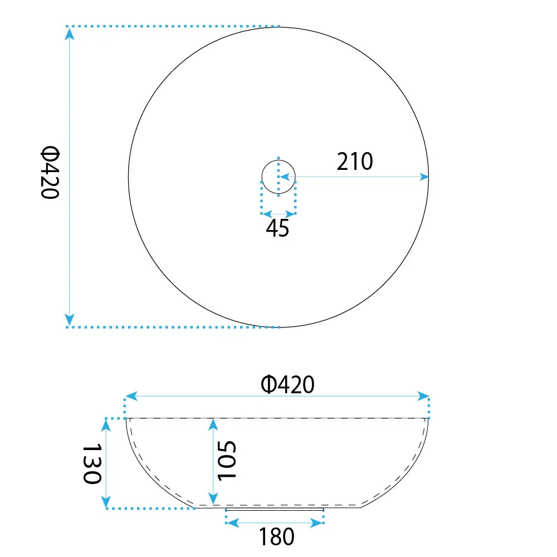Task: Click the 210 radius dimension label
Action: point(355,162)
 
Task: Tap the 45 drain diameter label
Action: point(277,228)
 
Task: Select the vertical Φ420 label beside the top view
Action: point(50,172)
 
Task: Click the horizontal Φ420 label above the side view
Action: point(288,384)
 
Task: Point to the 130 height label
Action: point(92,463)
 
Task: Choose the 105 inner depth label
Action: point(227,461)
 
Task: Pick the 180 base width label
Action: point(277,536)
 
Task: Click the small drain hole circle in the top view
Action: point(278,160)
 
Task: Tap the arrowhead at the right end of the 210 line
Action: point(424,177)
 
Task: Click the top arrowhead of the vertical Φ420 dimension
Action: point(70,33)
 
